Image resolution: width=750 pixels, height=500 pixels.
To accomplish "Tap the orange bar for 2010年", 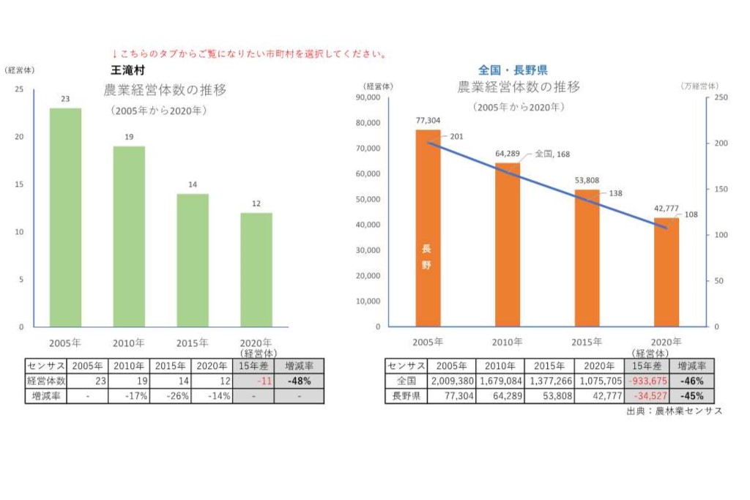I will pos(507,245).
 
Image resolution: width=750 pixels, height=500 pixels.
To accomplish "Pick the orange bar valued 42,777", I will pos(666,272).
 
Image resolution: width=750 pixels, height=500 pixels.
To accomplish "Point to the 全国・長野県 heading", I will pos(513,70).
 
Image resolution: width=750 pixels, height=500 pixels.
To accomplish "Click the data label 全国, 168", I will pos(552,154).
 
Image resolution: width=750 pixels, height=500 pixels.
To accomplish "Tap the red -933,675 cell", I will pos(646,381).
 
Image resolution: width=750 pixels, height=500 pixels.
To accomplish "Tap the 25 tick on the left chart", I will pos(19,89).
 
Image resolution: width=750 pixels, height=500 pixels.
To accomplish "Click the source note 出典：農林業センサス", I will pos(674,411).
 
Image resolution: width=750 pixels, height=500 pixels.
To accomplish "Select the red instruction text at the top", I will pos(249,54).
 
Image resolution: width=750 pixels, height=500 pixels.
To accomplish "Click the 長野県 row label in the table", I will pos(405,396).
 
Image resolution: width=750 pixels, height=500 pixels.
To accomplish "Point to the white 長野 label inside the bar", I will pos(427,257).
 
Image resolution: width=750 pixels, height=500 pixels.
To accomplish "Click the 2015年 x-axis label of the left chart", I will pos(193,343).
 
